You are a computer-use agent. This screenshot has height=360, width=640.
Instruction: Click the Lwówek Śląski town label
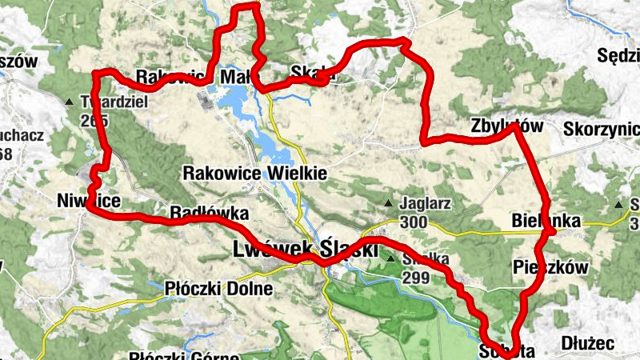click(x=304, y=249)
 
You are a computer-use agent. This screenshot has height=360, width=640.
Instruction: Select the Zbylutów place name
click(x=507, y=126)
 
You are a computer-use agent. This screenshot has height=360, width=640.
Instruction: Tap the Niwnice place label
click(x=88, y=200)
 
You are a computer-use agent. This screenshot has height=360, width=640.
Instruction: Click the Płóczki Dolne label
click(x=218, y=288)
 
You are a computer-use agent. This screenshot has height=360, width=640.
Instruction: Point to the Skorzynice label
click(x=601, y=129)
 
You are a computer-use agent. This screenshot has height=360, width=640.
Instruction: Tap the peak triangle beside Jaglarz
click(x=389, y=203)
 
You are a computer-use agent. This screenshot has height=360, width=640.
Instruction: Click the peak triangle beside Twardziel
click(x=70, y=102)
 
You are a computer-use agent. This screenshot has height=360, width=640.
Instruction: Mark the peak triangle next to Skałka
click(x=391, y=259)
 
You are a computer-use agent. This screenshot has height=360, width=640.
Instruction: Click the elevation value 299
click(x=415, y=278)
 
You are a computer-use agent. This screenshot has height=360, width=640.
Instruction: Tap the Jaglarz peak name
click(x=427, y=203)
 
